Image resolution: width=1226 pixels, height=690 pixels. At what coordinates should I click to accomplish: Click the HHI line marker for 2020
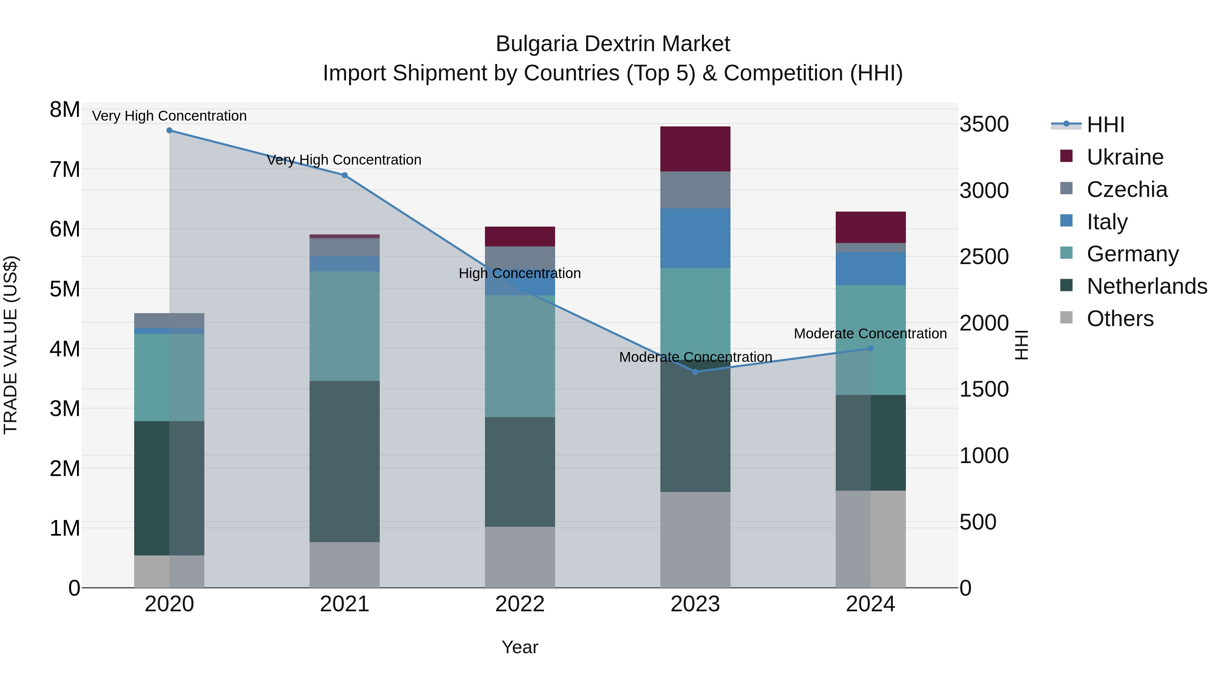pyautogui.click(x=170, y=131)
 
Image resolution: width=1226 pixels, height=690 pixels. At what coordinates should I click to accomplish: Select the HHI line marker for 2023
pyautogui.click(x=695, y=372)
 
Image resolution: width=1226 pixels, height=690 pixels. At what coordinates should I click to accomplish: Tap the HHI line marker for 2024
pyautogui.click(x=870, y=349)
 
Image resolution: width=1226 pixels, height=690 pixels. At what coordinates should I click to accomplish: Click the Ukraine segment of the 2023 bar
pyautogui.click(x=695, y=149)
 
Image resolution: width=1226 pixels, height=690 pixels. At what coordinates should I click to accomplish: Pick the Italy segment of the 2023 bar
pyautogui.click(x=695, y=238)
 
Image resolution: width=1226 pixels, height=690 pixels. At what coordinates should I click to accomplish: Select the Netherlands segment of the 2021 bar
pyautogui.click(x=345, y=461)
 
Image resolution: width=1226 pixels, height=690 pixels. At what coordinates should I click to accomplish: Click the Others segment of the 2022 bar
pyautogui.click(x=520, y=557)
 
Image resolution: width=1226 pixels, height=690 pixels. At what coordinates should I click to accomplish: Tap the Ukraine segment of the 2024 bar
pyautogui.click(x=870, y=227)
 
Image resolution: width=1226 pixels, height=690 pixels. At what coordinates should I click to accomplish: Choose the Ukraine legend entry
pyautogui.click(x=1125, y=157)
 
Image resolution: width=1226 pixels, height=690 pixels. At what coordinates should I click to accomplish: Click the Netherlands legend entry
pyautogui.click(x=1147, y=286)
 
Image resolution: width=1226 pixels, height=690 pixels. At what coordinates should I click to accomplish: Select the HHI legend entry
pyautogui.click(x=1105, y=125)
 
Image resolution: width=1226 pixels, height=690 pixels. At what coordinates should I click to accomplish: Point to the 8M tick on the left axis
pyautogui.click(x=65, y=109)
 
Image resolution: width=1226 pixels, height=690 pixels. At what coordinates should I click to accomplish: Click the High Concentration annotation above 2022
pyautogui.click(x=520, y=273)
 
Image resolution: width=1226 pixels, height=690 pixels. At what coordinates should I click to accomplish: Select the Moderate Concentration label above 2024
pyautogui.click(x=870, y=334)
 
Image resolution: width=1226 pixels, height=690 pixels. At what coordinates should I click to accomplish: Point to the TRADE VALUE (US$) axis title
pyautogui.click(x=11, y=345)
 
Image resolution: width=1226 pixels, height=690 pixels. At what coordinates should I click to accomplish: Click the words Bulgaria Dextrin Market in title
pyautogui.click(x=613, y=44)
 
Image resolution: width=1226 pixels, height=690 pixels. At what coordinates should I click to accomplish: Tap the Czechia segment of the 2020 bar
pyautogui.click(x=170, y=321)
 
